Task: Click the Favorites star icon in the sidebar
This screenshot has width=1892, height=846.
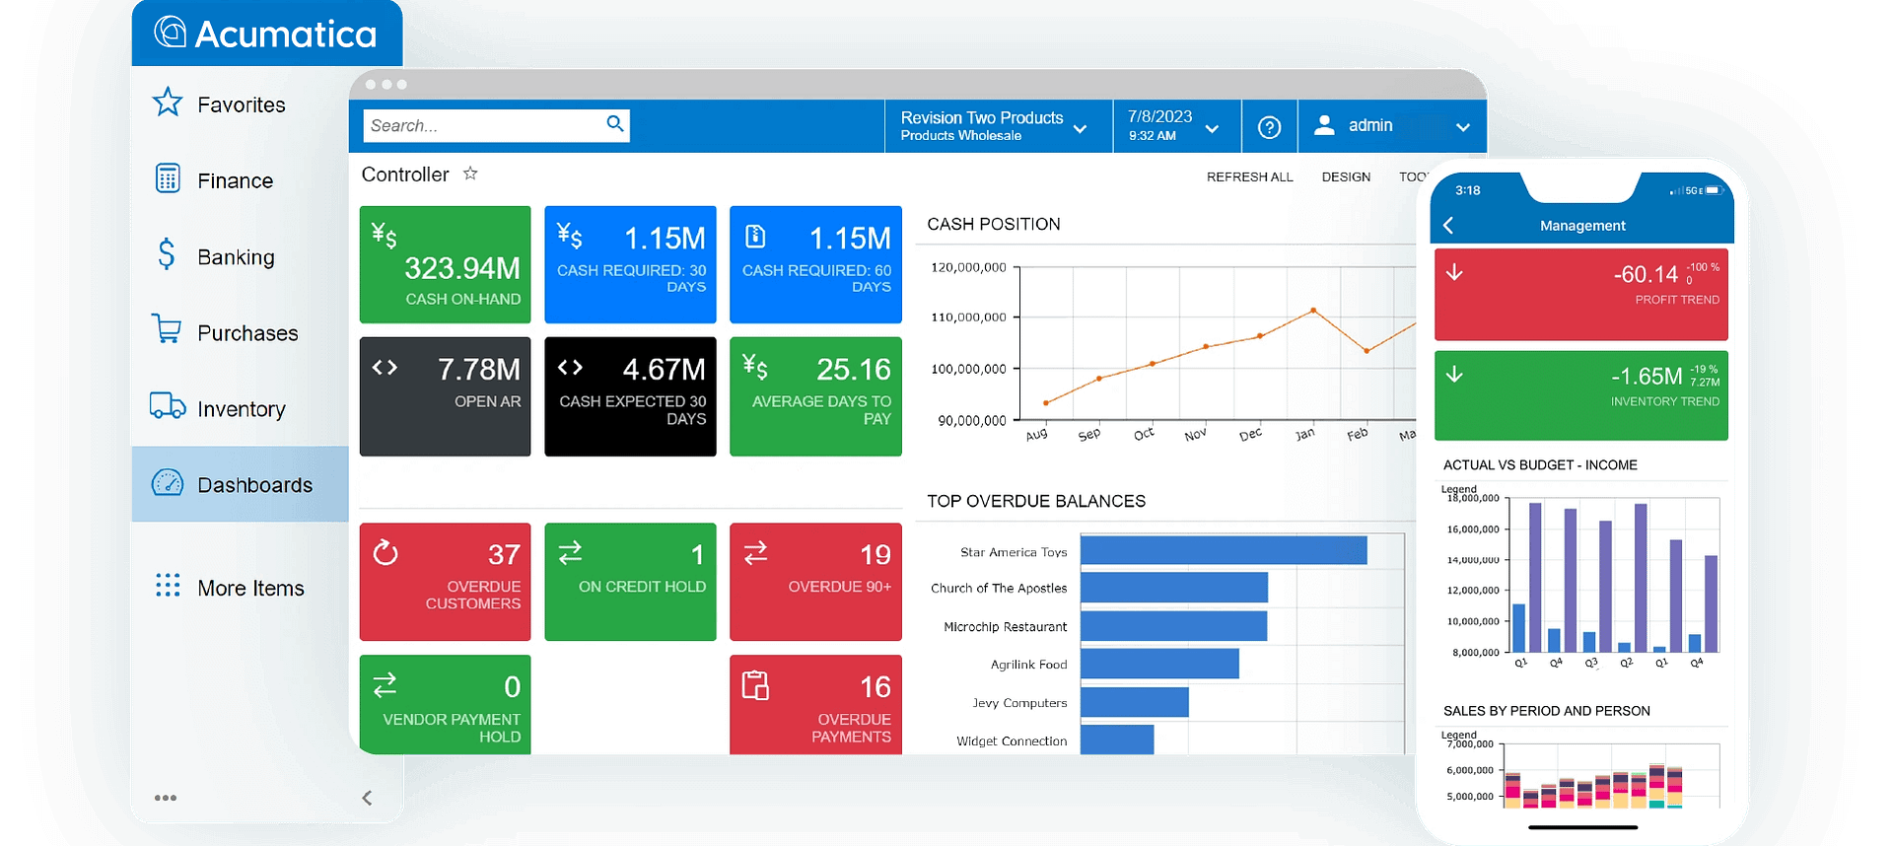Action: pos(168,103)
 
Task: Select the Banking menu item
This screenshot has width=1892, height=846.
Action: pos(236,257)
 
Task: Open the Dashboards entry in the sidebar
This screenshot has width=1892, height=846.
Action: pos(254,485)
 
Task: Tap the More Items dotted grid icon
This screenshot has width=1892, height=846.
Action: pos(168,586)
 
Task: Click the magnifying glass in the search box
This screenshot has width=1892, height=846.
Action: pos(615,123)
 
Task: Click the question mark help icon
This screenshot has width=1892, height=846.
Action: pos(1269,127)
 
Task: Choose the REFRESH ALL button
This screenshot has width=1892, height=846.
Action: pos(1249,177)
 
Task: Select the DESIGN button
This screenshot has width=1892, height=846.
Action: pos(1346,177)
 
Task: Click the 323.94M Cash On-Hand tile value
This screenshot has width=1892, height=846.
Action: pos(461,268)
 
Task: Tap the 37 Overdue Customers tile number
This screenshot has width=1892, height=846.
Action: pos(504,555)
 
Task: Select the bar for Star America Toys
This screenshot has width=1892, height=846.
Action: pos(1223,550)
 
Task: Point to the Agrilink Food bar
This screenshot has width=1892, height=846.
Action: pos(1159,664)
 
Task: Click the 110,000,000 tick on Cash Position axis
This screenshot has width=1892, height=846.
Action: pos(968,317)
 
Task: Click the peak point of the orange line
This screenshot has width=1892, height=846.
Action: pos(1313,311)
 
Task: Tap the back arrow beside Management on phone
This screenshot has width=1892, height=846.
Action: pos(1448,226)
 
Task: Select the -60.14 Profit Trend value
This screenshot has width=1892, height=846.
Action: pos(1646,274)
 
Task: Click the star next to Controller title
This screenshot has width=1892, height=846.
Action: pos(470,174)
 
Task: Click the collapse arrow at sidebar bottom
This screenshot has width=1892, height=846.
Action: pos(367,798)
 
